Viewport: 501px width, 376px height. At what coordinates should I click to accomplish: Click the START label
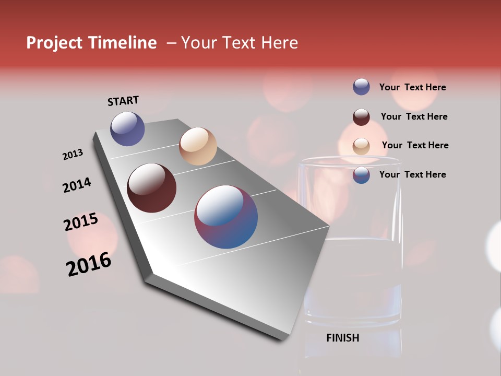coord(123,101)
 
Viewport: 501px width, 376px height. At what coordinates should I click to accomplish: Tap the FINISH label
coord(342,338)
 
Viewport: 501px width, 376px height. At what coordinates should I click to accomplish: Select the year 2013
coord(73,155)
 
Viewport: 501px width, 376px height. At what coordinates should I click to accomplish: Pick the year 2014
coord(77,185)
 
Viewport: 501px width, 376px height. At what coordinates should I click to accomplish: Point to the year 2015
coord(81,222)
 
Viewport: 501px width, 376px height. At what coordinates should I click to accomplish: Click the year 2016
coord(89,264)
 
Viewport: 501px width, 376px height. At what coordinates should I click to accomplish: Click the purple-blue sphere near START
coord(127,128)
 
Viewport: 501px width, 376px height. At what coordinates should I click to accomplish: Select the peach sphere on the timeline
coord(198,146)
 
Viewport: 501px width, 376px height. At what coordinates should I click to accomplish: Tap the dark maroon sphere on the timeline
coord(152,188)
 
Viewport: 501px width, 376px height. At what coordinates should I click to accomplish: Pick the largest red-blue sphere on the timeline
coord(226,217)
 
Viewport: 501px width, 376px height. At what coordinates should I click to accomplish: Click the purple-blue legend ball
coord(361,87)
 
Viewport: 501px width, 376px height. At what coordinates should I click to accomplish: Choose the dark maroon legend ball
coord(361,117)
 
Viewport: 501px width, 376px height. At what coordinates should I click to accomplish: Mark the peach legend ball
coord(361,146)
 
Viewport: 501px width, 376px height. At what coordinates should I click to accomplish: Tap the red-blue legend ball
coord(361,175)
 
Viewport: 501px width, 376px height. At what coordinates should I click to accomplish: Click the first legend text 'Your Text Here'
coord(412,87)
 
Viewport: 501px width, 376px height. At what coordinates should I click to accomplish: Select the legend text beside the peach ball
coord(415,145)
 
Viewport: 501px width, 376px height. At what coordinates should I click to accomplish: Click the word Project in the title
coord(54,43)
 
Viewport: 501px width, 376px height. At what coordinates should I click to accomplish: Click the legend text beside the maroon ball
coord(414,116)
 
